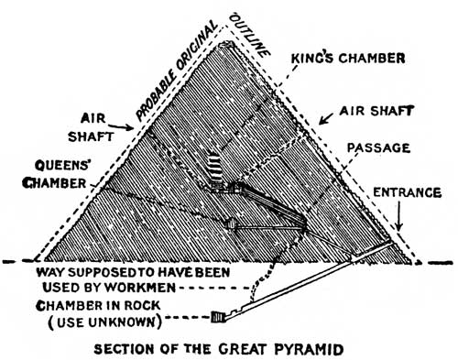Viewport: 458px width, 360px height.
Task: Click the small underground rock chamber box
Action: coord(218,318)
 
